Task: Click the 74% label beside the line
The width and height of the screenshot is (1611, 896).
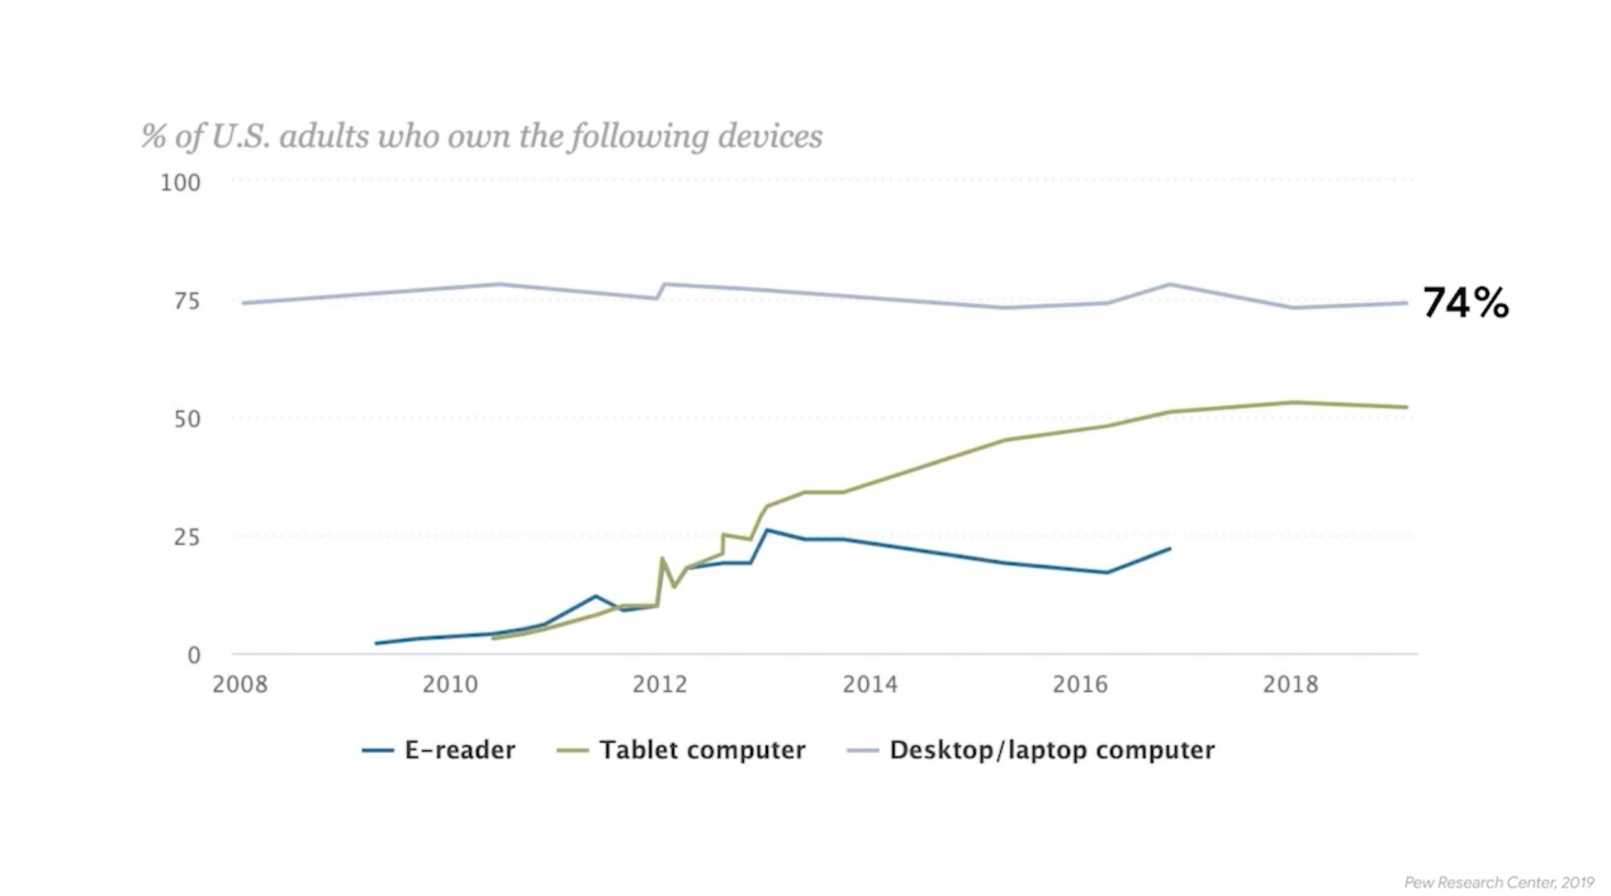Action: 1465,303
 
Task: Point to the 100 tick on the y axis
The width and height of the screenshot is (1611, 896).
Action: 181,183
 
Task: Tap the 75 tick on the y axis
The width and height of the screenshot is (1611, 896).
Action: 187,302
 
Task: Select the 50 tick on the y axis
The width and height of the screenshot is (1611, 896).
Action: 187,419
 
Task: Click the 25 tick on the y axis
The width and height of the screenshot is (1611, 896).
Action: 187,537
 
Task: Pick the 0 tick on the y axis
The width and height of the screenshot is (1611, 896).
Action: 194,655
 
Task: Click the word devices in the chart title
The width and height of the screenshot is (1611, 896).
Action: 770,136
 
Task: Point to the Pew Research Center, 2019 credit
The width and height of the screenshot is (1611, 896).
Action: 1499,883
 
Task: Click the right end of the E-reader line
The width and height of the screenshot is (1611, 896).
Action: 1170,549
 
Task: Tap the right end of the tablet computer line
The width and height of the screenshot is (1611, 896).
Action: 1407,407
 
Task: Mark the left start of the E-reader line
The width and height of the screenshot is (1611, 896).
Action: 376,643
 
